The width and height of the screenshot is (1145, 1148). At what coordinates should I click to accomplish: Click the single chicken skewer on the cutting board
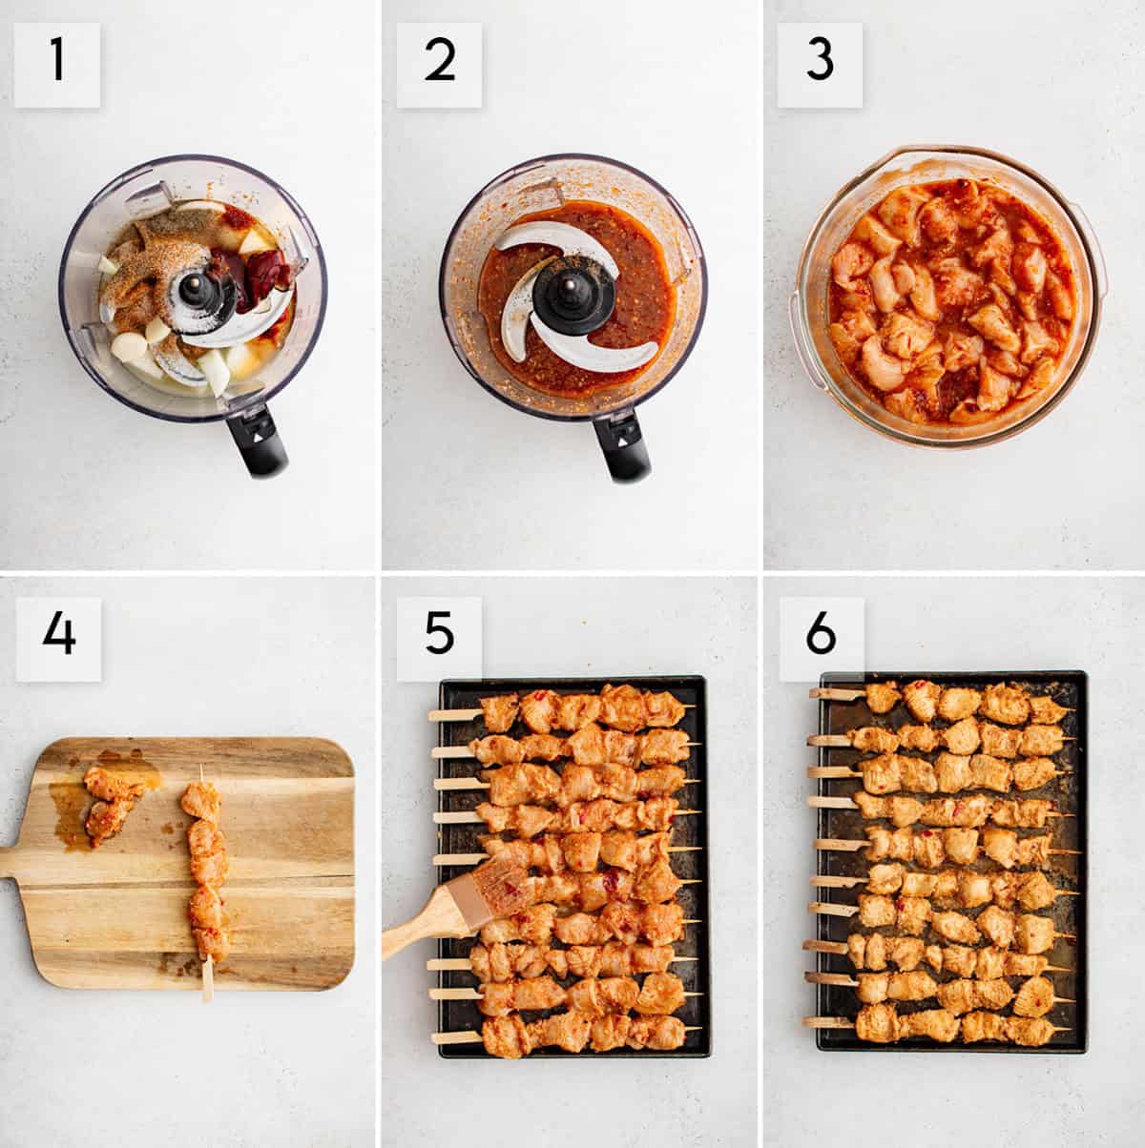(206, 868)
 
